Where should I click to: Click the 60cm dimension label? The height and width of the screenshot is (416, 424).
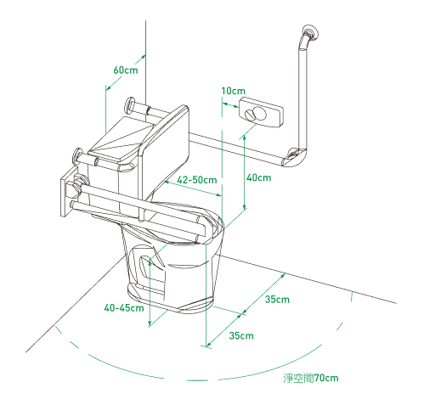coord(126,70)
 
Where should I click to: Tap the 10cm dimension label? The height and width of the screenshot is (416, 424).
coord(233,91)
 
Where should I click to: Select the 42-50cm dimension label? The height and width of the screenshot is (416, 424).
coord(197,180)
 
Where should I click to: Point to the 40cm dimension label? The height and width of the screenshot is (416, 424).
coord(258,177)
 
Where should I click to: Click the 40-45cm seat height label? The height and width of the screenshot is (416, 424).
coord(124,307)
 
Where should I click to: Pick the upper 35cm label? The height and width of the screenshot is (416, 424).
coord(277,300)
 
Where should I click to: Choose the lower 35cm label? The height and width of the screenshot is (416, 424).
coord(241,335)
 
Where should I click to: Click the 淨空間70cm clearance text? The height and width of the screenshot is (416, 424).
coord(311,378)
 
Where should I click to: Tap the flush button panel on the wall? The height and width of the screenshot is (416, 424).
coord(261,112)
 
